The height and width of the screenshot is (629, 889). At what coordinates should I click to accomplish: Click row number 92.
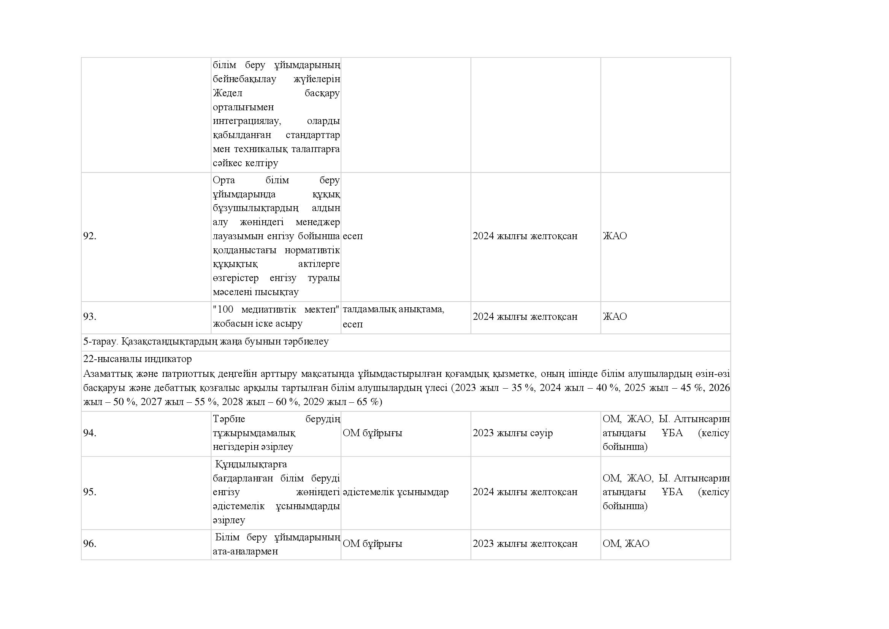click(x=89, y=236)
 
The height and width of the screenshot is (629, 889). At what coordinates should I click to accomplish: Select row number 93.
click(x=89, y=316)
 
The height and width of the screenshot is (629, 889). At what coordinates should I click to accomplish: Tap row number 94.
click(x=89, y=433)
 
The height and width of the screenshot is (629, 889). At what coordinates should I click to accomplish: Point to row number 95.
click(x=89, y=492)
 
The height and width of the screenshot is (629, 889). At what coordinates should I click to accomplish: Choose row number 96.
click(x=89, y=543)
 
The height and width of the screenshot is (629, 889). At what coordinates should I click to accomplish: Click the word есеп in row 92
click(x=352, y=236)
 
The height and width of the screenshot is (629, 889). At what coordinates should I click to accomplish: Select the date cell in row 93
click(x=525, y=316)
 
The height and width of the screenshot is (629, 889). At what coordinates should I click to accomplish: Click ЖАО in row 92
click(x=615, y=236)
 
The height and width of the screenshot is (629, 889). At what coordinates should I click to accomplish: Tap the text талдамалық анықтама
click(x=393, y=310)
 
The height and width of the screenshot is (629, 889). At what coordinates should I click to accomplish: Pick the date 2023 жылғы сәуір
click(x=512, y=433)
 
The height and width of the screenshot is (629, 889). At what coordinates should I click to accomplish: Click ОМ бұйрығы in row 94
click(x=372, y=433)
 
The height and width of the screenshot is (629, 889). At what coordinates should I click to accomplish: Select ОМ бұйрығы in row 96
click(x=372, y=543)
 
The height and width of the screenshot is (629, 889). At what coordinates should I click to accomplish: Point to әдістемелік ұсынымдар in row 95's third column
click(x=395, y=492)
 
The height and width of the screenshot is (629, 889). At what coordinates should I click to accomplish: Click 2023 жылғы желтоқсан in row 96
click(x=525, y=543)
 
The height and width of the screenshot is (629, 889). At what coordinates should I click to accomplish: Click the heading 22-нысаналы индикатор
click(x=138, y=359)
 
